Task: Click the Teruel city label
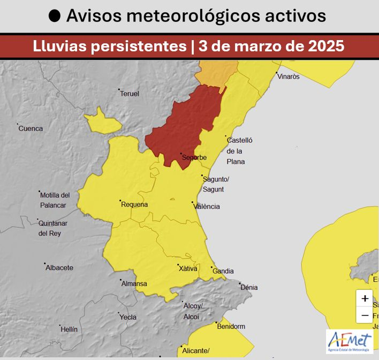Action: (130, 94)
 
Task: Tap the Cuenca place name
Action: (31, 129)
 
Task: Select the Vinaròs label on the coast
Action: (288, 76)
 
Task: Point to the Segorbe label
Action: (194, 158)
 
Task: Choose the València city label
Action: (207, 207)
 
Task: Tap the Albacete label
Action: (59, 268)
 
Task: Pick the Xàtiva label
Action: (188, 269)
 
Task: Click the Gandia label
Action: (223, 272)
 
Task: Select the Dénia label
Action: (249, 288)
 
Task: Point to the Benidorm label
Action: (231, 327)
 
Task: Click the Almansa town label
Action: (134, 284)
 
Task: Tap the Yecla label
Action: (127, 317)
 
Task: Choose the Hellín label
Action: (69, 330)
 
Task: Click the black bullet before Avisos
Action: (55, 16)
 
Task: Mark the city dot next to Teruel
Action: (119, 90)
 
